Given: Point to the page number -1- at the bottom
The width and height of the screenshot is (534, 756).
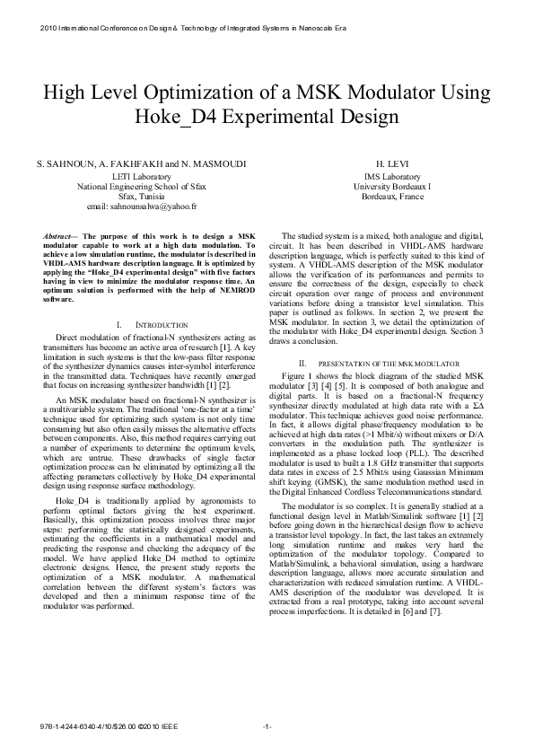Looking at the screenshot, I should pyautogui.click(x=267, y=725).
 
